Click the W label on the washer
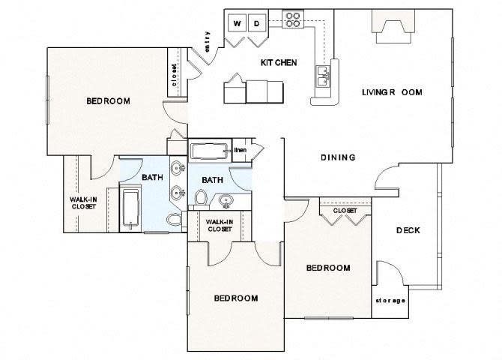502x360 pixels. coord(238,24)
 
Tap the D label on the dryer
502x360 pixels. coord(257,24)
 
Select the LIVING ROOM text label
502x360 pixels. coord(391,92)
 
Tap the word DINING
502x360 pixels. coord(337,157)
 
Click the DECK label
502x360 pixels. coord(407,230)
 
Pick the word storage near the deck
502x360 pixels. coord(390,301)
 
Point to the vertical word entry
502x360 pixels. coord(207,41)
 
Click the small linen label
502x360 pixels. coord(241,150)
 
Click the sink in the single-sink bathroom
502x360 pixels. coord(225,201)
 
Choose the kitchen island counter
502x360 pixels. coord(255,90)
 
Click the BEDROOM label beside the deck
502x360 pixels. coord(328,268)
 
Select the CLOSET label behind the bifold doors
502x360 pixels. coord(345,211)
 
